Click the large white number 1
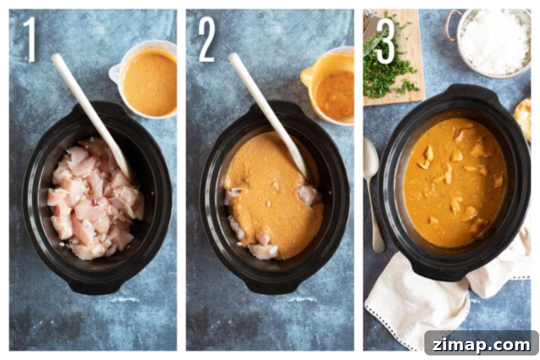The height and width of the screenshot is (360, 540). [31, 39]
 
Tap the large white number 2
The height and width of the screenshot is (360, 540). [207, 39]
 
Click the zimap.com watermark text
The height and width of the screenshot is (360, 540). [481, 345]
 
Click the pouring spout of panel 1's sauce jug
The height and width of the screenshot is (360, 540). [114, 72]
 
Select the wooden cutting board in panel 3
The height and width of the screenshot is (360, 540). [396, 58]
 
